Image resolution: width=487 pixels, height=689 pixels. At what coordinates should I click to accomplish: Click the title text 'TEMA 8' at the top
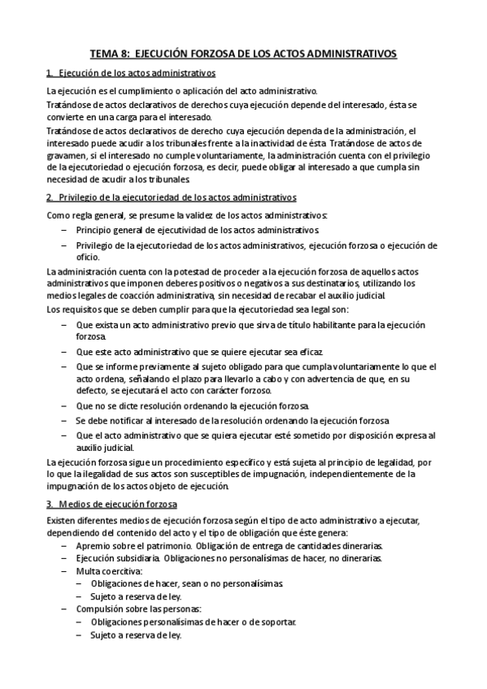click(107, 54)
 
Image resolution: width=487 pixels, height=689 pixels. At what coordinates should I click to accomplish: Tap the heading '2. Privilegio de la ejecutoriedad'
click(171, 197)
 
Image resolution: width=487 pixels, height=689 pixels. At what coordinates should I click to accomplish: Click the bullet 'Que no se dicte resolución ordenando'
click(192, 405)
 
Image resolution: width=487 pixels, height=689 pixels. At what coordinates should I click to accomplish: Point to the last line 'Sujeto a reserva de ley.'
click(136, 635)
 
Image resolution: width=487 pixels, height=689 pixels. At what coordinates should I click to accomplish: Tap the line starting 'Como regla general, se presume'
click(187, 214)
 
